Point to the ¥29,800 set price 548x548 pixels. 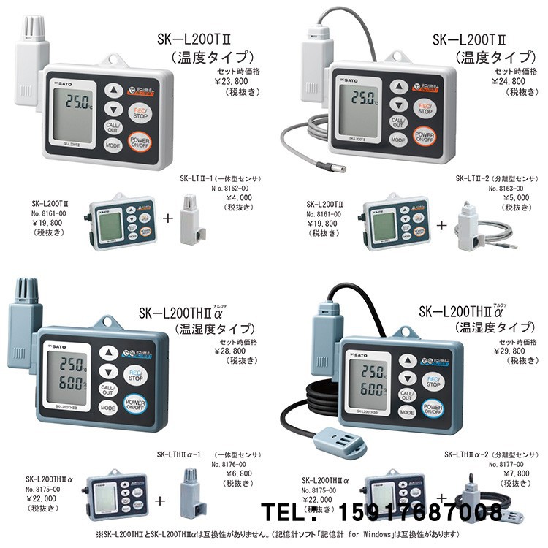(x=514, y=351)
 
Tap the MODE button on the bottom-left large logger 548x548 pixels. (x=107, y=408)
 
